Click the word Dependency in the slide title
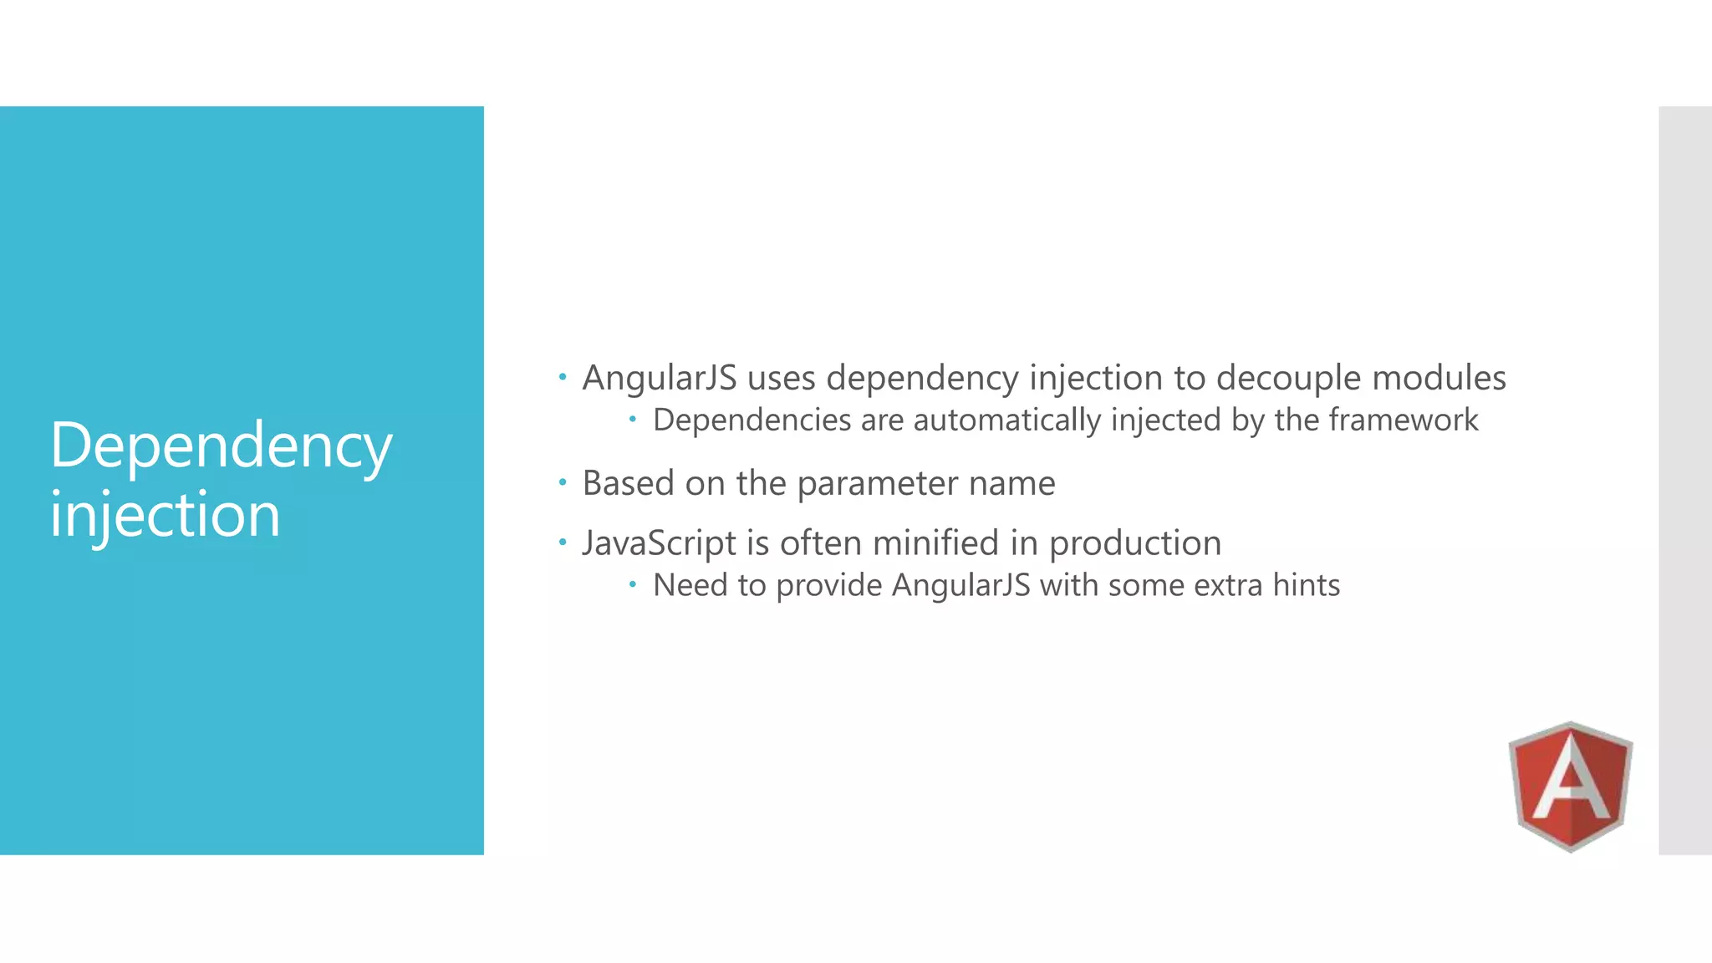tap(221, 446)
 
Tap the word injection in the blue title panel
tap(165, 515)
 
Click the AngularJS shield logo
tap(1570, 786)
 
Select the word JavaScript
tap(660, 543)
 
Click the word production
tap(1135, 544)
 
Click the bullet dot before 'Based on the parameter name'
tap(563, 482)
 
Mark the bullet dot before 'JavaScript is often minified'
tap(563, 543)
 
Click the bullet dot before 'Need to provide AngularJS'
tap(633, 584)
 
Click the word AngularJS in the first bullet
tap(660, 378)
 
